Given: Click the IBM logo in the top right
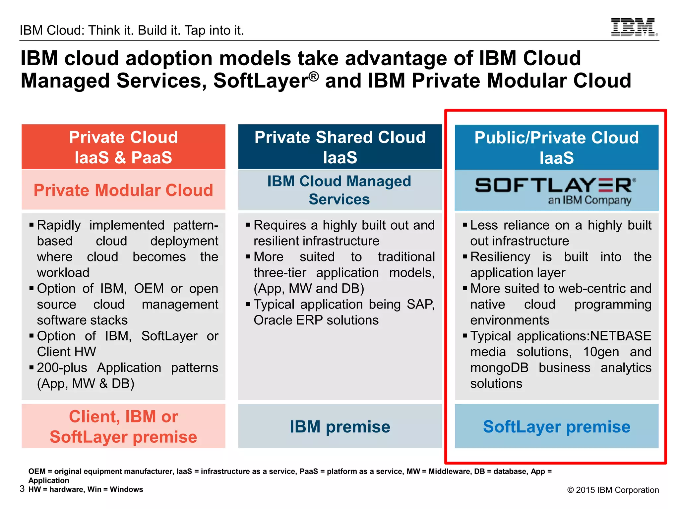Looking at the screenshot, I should point(634,27).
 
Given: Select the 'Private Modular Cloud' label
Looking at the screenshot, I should point(123,190).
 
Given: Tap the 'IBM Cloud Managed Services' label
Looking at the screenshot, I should point(339,190).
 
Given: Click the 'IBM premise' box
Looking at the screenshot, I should point(340,426).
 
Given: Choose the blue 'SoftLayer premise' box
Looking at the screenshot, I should point(556,426).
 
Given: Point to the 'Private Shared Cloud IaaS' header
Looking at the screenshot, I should point(340,147).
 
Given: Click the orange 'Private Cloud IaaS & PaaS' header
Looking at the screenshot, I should point(123,147).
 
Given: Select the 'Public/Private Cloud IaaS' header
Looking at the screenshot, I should point(556,147).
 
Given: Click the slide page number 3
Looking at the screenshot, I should point(22,489).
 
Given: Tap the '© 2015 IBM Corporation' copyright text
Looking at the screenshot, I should point(613,490).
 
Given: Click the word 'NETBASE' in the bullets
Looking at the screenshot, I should point(621,336).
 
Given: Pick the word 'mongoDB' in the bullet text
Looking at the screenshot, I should point(499,368).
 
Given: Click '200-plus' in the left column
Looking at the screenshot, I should point(62,368).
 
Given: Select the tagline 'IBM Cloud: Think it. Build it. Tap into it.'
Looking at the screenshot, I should point(132,30).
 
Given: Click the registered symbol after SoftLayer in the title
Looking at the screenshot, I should point(314,76).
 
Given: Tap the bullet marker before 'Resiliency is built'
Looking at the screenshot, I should point(465,256).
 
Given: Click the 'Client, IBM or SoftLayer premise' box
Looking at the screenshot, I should point(123,426).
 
